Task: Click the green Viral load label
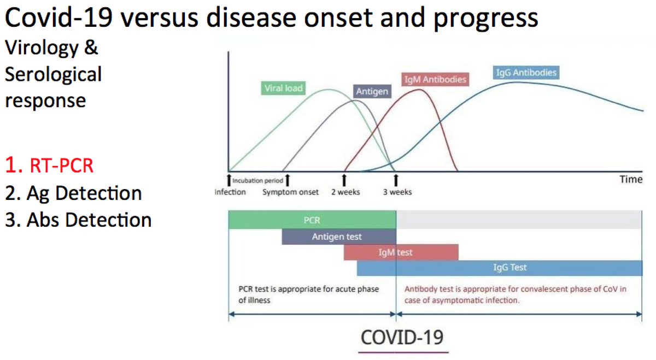(283, 88)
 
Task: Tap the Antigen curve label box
(372, 91)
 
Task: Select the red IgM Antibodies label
(435, 79)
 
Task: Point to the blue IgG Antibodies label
(526, 72)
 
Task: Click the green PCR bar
(312, 220)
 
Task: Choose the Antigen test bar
(339, 237)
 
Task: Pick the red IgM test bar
(401, 252)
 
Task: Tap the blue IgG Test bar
(500, 268)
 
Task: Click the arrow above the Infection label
(229, 180)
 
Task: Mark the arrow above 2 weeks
(344, 180)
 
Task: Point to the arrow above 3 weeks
(396, 180)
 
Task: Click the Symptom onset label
(290, 192)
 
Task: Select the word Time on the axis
(631, 179)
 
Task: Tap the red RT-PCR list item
(49, 166)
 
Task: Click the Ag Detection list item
(73, 193)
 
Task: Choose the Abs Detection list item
(79, 220)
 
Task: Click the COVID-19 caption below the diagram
(402, 338)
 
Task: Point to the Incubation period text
(257, 181)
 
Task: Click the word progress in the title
(485, 18)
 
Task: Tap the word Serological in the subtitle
(54, 74)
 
